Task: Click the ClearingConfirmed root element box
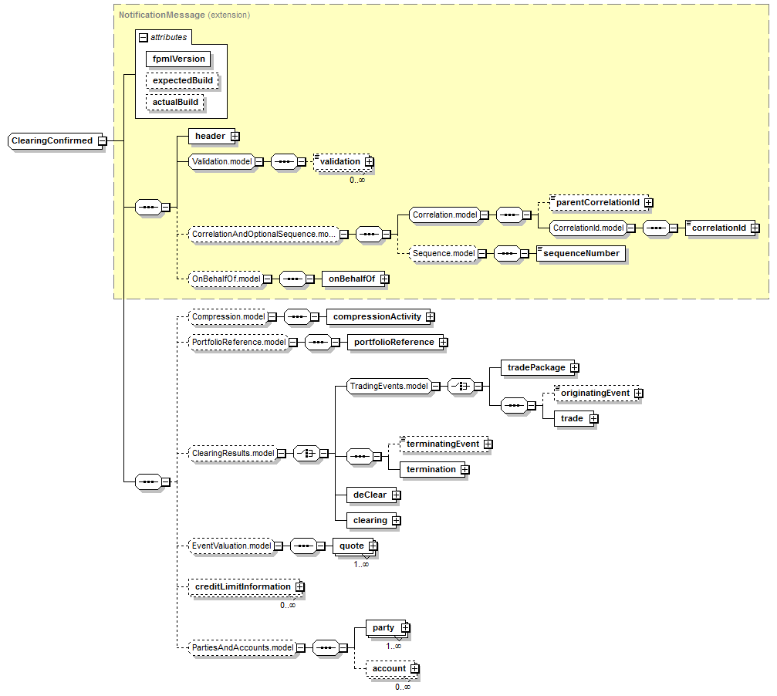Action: point(52,141)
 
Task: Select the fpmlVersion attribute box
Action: point(178,59)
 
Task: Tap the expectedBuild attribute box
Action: point(182,80)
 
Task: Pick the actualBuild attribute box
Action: point(175,102)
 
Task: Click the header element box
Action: point(209,137)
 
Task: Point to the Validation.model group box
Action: point(221,162)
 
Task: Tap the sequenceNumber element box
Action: point(580,253)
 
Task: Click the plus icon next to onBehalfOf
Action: point(383,279)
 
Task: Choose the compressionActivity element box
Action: point(377,316)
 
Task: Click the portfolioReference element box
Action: point(393,342)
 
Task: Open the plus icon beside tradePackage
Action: point(574,368)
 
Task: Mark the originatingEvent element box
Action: point(594,394)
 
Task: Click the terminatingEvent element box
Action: point(443,444)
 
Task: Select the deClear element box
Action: point(369,495)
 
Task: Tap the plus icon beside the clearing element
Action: point(396,520)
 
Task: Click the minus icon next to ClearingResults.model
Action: point(282,454)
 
